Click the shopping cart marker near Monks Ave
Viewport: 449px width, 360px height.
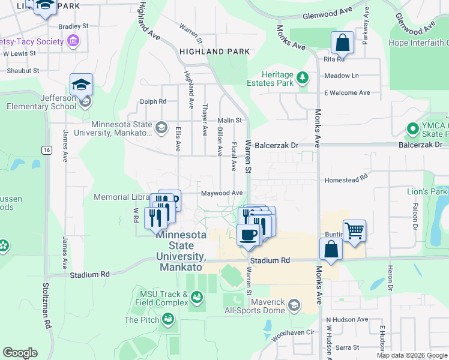point(354,230)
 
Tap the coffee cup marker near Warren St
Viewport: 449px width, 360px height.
point(249,235)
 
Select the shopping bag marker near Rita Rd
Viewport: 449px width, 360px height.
point(342,43)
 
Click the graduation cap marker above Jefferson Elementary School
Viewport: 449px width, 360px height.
point(81,85)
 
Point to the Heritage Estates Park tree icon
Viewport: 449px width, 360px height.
point(303,77)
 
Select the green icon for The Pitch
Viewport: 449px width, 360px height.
point(168,320)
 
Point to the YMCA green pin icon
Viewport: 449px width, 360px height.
point(412,128)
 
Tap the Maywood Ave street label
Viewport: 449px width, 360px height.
point(221,193)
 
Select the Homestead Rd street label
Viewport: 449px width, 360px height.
point(345,179)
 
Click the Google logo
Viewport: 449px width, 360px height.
point(20,353)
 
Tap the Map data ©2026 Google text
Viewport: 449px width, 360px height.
point(411,355)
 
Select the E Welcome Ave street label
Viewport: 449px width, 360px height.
point(347,93)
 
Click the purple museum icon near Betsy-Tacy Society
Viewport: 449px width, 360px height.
point(73,41)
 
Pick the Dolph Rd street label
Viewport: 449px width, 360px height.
point(154,101)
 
